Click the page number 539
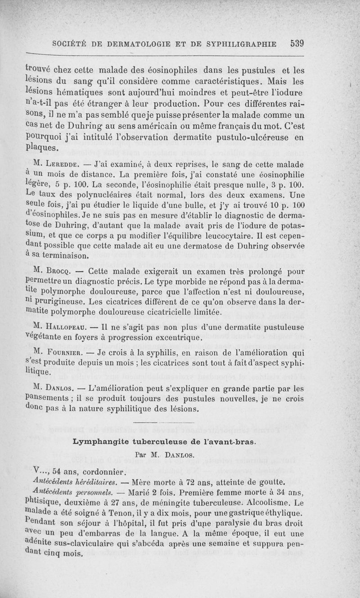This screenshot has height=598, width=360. pyautogui.click(x=298, y=44)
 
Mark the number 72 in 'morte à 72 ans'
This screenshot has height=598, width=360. pyautogui.click(x=201, y=483)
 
